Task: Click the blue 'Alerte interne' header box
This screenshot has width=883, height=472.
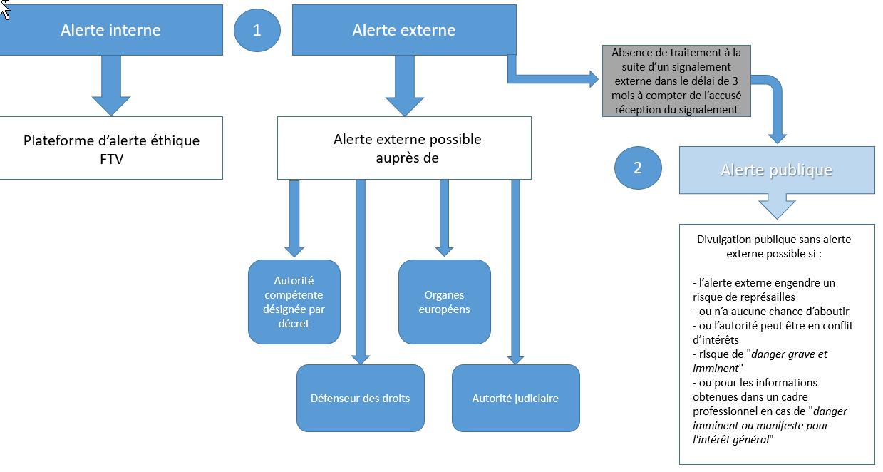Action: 110,30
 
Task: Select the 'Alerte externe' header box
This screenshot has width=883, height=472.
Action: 403,30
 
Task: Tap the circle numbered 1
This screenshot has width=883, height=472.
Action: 257,30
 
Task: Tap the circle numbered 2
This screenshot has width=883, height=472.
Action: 637,168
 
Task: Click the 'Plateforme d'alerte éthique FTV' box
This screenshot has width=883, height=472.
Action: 110,148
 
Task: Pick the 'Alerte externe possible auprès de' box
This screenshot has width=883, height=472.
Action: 403,148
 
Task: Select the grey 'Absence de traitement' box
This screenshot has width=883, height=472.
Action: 676,81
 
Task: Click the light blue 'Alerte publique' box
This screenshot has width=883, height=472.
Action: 776,170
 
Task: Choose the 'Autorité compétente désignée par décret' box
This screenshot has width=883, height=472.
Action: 294,302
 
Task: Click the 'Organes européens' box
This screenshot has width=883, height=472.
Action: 444,302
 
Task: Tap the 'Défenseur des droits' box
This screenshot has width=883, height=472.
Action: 360,398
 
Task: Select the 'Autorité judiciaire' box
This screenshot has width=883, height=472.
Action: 515,398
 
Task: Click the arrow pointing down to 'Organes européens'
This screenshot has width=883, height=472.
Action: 444,217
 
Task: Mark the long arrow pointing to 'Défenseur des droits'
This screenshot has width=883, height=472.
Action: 360,271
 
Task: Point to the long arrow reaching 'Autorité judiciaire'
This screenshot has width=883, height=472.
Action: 515,271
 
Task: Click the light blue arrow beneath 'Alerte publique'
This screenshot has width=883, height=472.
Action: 776,206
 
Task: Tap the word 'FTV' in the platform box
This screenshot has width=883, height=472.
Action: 111,158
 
